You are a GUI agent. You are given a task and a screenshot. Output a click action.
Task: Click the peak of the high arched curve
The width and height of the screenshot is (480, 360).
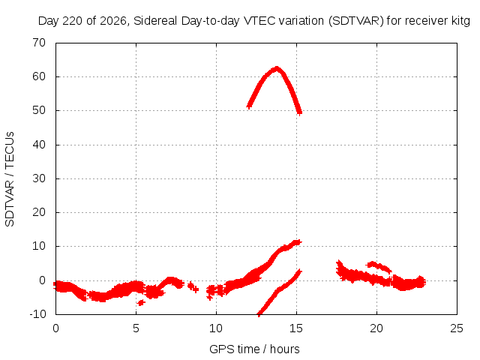277,68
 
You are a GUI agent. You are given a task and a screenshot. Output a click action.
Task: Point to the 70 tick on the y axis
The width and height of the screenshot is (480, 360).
39,43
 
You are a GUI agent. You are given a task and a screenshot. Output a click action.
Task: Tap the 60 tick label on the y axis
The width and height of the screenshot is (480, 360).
39,76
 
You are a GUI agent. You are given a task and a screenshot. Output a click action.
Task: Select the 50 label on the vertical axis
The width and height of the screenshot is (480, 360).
39,110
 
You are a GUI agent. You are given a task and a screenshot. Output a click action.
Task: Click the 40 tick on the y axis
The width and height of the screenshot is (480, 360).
39,145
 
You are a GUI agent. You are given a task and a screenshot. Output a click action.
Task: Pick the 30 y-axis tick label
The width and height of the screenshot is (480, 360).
39,178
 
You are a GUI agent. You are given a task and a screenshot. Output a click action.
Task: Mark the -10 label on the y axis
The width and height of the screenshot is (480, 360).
37,314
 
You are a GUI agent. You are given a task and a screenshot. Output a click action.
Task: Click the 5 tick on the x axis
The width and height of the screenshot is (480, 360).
136,328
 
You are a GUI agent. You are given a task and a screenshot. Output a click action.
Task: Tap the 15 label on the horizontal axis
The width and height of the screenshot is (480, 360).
296,328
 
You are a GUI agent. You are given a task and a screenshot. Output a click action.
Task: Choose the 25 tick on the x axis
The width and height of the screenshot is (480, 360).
457,328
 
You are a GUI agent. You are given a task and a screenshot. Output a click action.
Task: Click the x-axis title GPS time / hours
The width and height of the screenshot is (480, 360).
254,349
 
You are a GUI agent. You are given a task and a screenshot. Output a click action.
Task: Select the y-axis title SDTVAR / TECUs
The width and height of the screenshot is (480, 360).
10,179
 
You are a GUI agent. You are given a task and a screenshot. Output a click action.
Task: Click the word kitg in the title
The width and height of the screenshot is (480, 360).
460,21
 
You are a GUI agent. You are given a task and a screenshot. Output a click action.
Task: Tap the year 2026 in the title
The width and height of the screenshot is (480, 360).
113,21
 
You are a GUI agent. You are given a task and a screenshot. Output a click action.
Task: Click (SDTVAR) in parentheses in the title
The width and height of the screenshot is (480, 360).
356,21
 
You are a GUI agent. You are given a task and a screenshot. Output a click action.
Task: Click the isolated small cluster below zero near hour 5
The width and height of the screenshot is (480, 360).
141,302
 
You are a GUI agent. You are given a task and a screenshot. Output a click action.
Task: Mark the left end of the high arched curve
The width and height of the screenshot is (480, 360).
249,106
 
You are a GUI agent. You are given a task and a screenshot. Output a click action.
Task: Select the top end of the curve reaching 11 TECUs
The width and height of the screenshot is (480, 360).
298,242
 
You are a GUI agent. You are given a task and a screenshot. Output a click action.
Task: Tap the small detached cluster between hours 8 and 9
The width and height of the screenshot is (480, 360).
193,286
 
